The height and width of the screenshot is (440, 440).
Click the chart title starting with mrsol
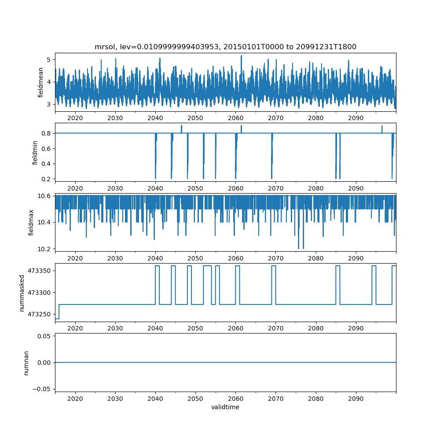point(225,47)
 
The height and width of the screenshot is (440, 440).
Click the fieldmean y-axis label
point(41,82)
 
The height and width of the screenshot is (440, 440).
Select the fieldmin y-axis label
point(35,152)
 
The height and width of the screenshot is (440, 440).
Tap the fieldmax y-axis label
point(31,222)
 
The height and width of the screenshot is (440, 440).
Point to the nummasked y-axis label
point(22,293)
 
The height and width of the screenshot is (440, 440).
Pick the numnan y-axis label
point(26,363)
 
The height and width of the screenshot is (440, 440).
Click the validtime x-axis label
point(225,407)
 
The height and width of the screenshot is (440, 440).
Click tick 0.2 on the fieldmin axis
point(46,179)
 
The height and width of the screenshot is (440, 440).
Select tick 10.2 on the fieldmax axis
point(44,249)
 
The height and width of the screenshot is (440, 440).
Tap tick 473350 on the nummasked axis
point(41,270)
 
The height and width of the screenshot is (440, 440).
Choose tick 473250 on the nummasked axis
point(41,314)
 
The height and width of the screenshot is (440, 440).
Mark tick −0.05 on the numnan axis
point(44,389)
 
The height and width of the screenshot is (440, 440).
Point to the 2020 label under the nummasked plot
point(75,328)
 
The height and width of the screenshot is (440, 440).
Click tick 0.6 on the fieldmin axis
point(46,148)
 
